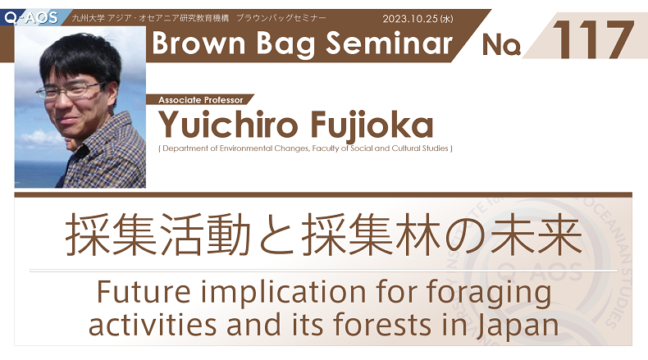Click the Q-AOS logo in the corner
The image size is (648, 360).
[31, 18]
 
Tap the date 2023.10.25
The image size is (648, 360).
[409, 19]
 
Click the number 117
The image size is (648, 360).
[592, 39]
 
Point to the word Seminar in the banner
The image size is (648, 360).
[389, 43]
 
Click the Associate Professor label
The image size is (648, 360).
[200, 99]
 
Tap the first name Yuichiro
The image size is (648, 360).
[228, 124]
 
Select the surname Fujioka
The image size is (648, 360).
[372, 125]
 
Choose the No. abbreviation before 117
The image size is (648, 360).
[501, 44]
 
